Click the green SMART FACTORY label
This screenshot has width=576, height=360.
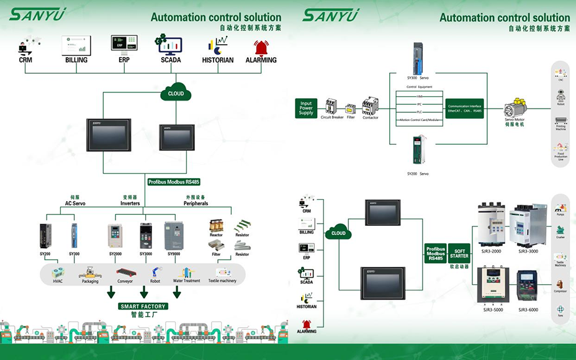pyautogui.click(x=143, y=306)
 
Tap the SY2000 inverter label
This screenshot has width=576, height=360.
pyautogui.click(x=116, y=254)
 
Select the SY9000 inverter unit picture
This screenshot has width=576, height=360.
pyautogui.click(x=174, y=236)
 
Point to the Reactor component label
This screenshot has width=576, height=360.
pyautogui.click(x=216, y=235)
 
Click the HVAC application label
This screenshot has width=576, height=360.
pyautogui.click(x=58, y=281)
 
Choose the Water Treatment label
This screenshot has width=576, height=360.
pyautogui.click(x=187, y=281)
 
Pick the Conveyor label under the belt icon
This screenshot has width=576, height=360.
pyautogui.click(x=125, y=281)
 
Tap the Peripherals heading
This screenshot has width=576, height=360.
pyautogui.click(x=196, y=204)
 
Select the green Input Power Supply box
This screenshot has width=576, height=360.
pyautogui.click(x=306, y=108)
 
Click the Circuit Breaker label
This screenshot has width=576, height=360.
pyautogui.click(x=331, y=117)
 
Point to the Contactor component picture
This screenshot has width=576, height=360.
pyautogui.click(x=371, y=105)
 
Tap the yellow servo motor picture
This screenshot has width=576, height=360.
pyautogui.click(x=515, y=106)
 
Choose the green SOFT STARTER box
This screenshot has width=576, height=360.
pyautogui.click(x=459, y=253)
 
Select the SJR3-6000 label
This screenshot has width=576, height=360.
pyautogui.click(x=528, y=309)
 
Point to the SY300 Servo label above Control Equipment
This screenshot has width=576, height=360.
pyautogui.click(x=418, y=78)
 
